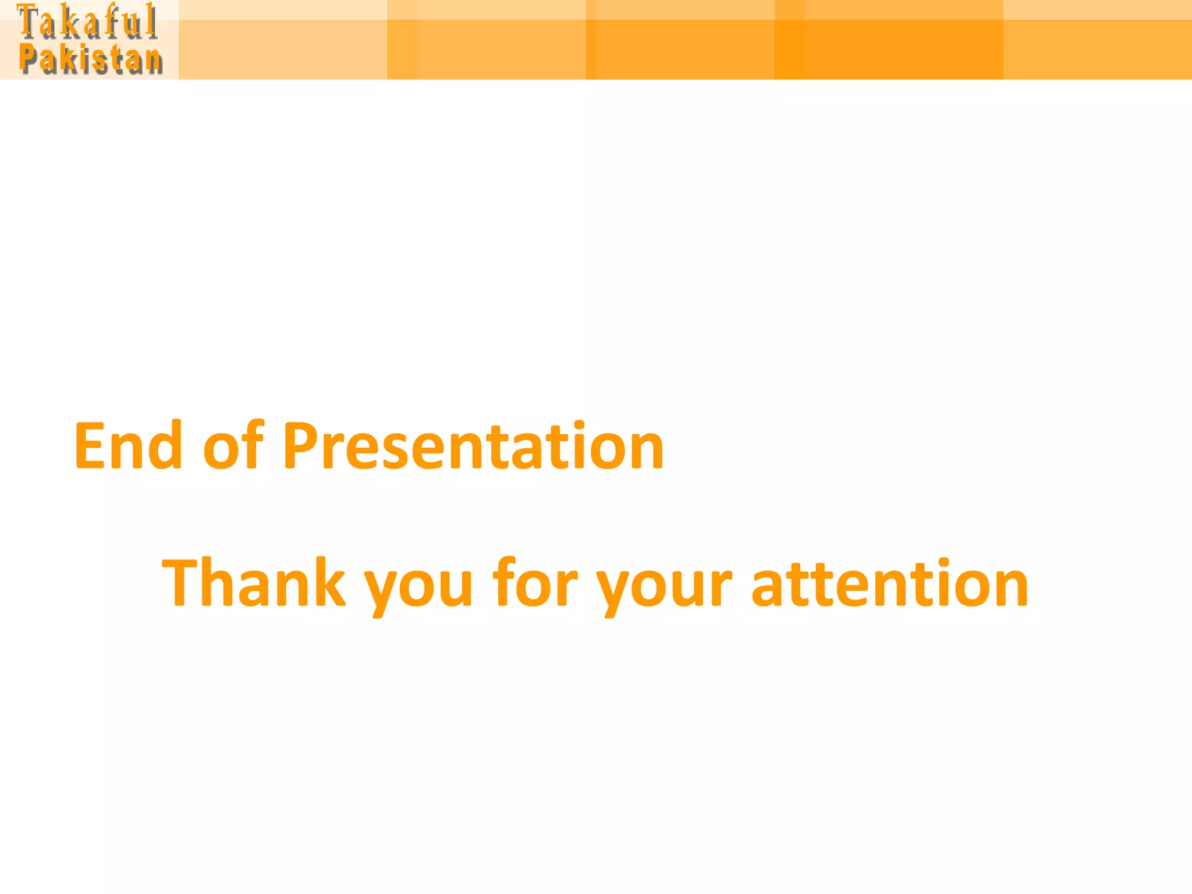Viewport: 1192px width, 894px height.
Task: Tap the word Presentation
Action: tap(473, 446)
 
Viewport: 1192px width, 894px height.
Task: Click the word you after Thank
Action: tap(418, 588)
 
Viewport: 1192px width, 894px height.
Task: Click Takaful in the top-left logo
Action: tap(87, 22)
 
